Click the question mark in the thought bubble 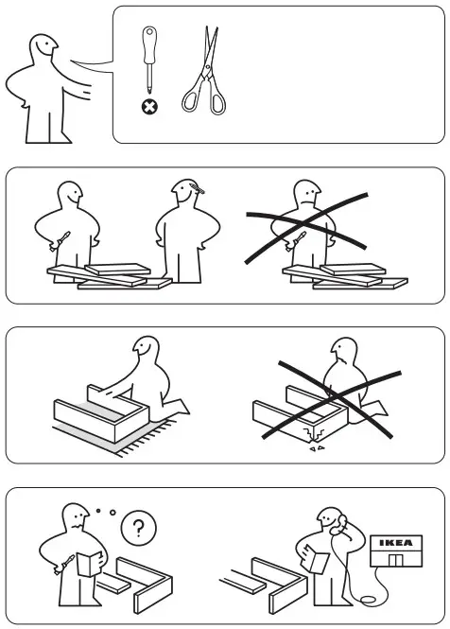(140, 528)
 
